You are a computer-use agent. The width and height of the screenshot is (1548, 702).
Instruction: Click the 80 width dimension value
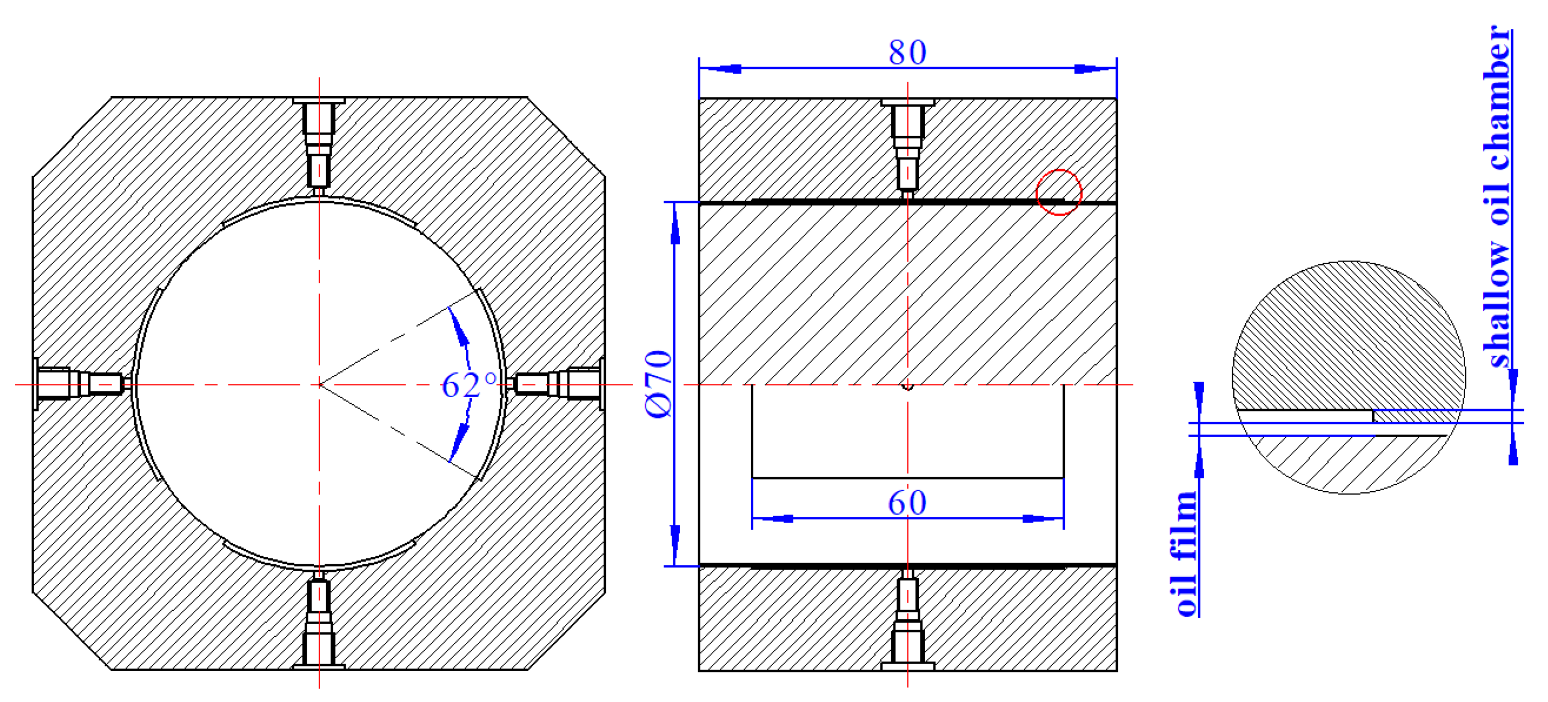point(907,52)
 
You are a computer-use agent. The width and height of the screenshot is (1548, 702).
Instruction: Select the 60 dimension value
point(907,503)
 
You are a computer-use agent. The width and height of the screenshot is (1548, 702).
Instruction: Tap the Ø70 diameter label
point(658,384)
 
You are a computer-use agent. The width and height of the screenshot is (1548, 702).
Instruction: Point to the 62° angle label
point(469,385)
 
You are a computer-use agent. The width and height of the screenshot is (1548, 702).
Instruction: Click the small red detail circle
point(1059,192)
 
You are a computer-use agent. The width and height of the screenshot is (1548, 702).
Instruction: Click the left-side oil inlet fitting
point(82,384)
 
